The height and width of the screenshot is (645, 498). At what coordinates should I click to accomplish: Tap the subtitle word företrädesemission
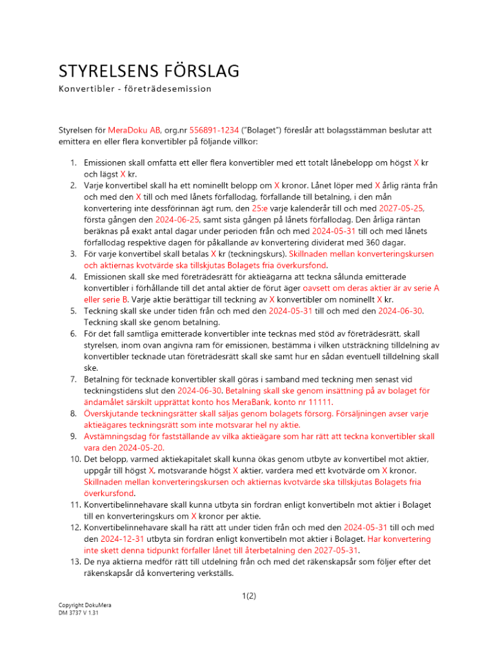pos(170,88)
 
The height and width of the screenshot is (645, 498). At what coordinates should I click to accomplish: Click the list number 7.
pos(74,390)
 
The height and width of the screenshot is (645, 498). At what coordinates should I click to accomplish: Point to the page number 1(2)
pos(248,596)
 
